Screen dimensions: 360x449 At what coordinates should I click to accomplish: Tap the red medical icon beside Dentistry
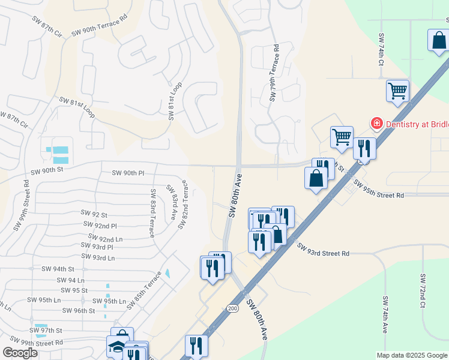click(377, 124)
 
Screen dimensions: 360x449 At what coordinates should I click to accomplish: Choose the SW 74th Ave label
click(385, 313)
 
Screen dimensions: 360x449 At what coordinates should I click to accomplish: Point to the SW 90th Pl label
click(128, 173)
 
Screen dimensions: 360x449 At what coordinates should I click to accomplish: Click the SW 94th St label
click(57, 269)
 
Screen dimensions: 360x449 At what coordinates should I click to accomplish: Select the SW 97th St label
click(47, 331)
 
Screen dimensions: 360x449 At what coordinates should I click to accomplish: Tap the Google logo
click(20, 352)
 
